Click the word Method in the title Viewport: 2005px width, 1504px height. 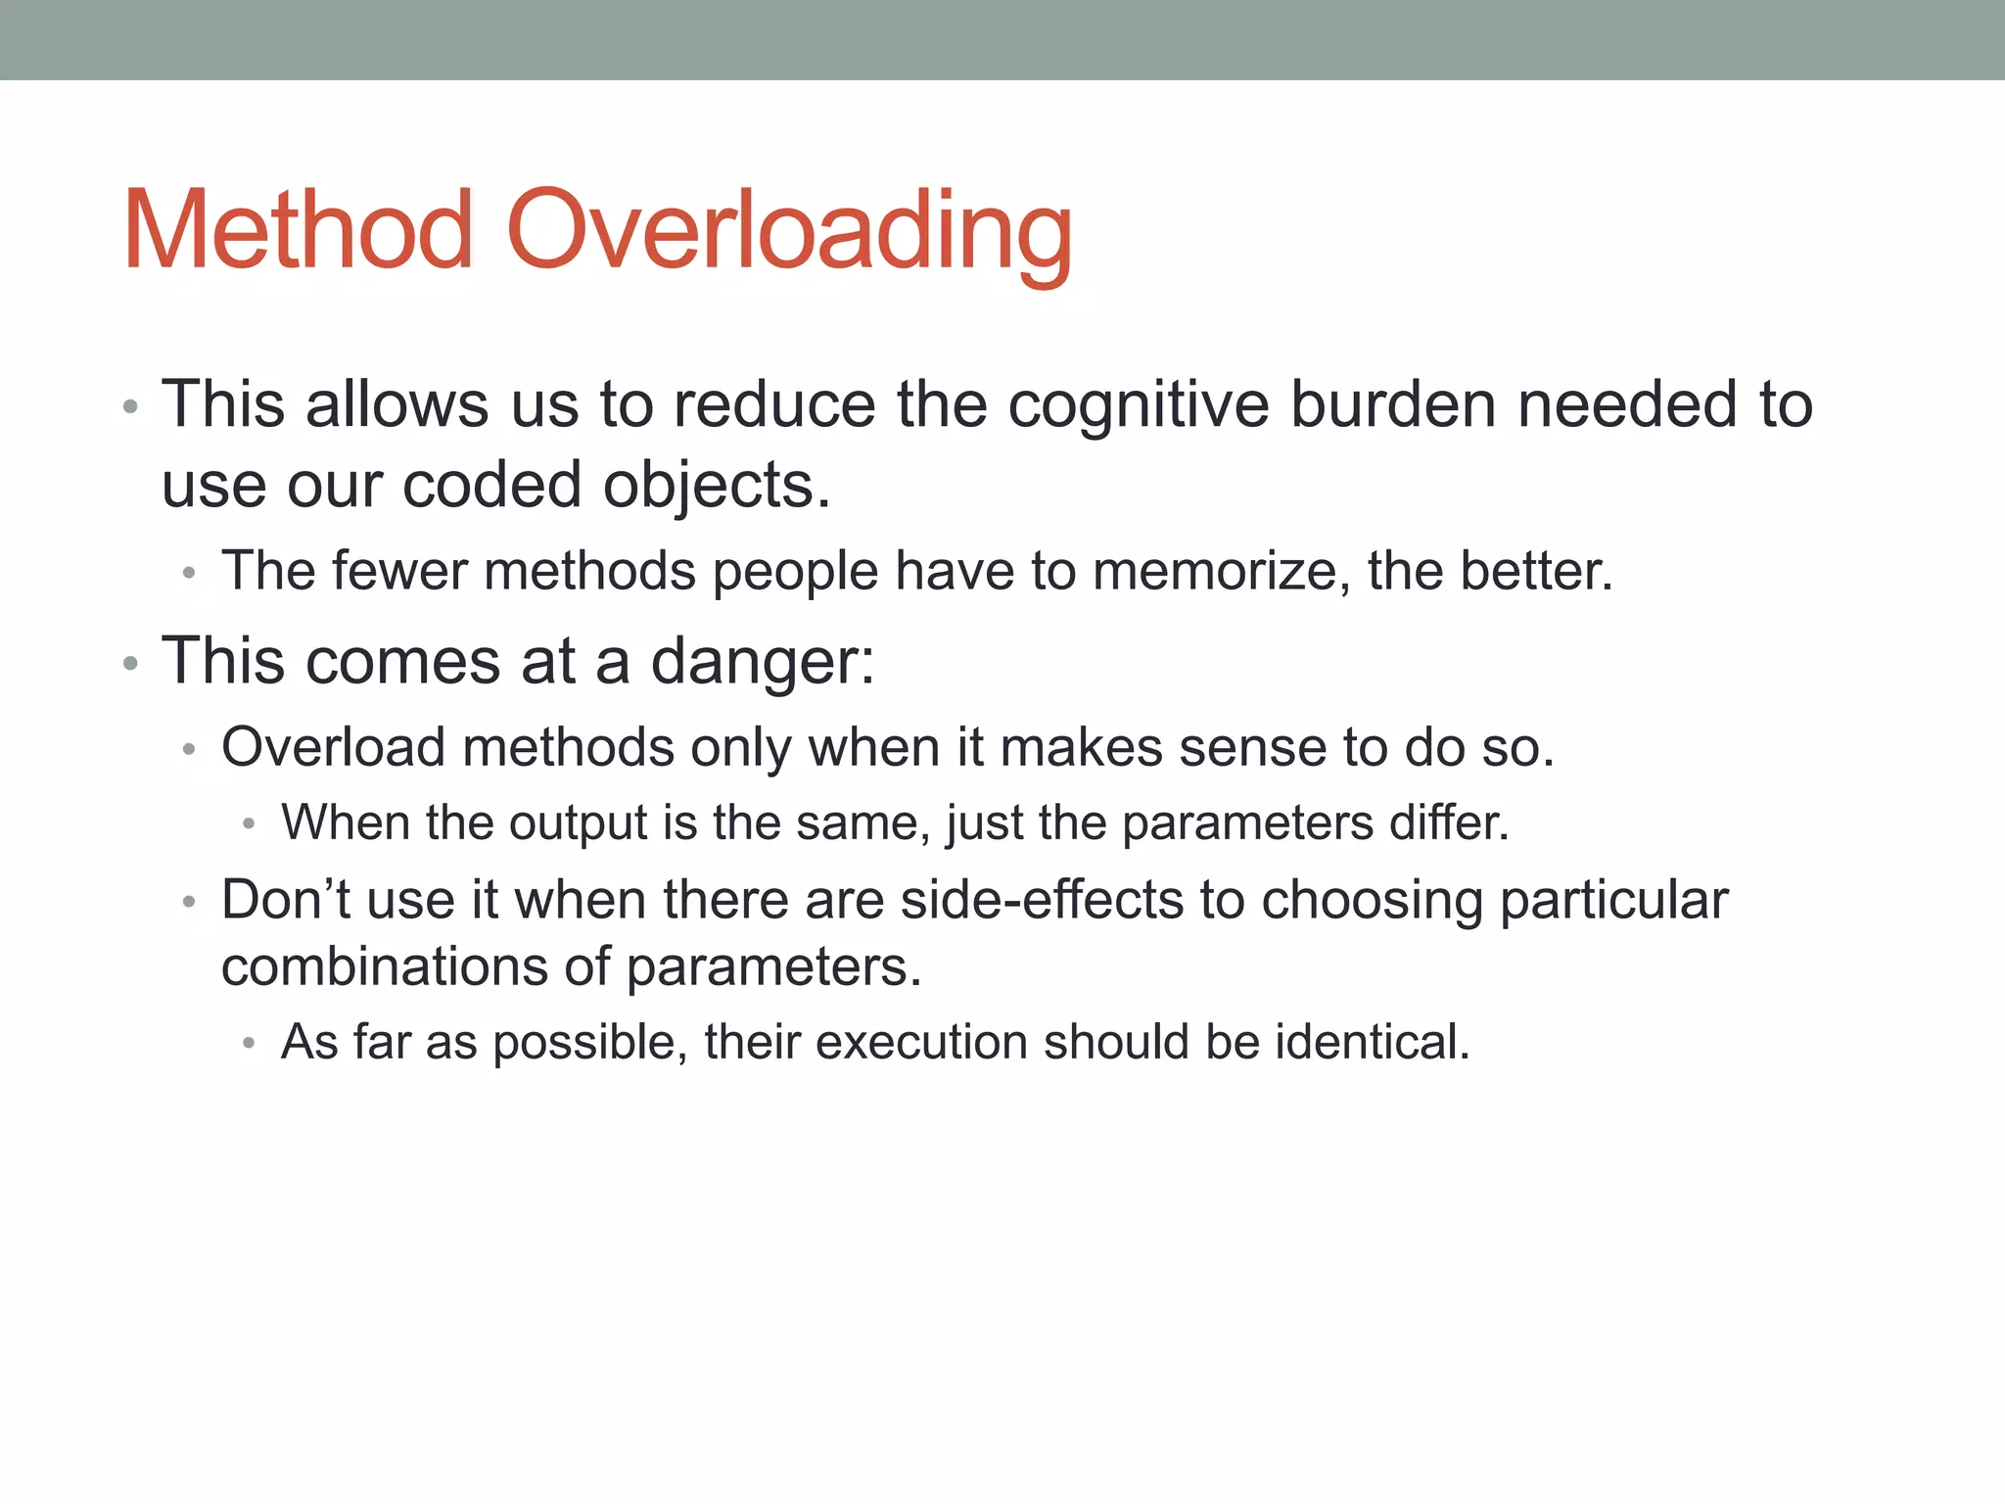point(299,231)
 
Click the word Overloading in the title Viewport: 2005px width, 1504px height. point(790,231)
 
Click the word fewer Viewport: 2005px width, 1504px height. point(399,571)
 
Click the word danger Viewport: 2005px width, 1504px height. point(761,662)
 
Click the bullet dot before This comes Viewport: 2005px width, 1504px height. point(130,664)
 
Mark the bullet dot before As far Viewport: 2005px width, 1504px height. point(249,1044)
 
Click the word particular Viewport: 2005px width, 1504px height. point(1613,902)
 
